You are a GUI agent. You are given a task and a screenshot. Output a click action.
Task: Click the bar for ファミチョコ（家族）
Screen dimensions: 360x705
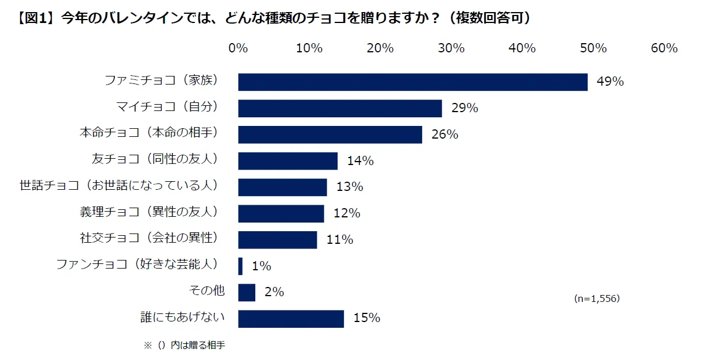click(x=412, y=82)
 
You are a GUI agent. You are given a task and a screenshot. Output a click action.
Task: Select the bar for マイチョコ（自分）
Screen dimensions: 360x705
click(x=340, y=108)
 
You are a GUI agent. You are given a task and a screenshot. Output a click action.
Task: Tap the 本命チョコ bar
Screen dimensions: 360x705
click(x=329, y=135)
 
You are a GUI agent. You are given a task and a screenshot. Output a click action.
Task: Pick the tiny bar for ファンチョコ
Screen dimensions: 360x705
click(x=240, y=266)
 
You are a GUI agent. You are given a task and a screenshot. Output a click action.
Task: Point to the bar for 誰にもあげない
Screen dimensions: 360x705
click(x=290, y=319)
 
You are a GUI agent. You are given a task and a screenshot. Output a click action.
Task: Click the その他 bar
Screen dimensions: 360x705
click(x=246, y=292)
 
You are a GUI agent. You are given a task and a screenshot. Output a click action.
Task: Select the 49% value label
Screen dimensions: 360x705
click(x=610, y=82)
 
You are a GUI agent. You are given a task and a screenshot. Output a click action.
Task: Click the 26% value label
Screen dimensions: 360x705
click(x=445, y=135)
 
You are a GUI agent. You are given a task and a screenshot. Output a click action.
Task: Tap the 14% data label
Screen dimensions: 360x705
click(x=361, y=161)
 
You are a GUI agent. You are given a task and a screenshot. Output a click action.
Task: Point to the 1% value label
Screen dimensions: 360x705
click(x=261, y=266)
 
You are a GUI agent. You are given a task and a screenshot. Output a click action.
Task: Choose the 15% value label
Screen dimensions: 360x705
click(x=366, y=318)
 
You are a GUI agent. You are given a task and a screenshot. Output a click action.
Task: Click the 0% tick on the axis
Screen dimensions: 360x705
click(x=238, y=48)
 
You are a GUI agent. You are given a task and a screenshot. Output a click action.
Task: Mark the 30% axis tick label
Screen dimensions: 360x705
click(x=451, y=48)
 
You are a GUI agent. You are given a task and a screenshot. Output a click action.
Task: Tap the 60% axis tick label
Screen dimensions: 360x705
click(x=664, y=48)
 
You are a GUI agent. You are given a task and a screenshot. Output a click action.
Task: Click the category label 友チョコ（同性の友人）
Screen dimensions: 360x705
click(x=157, y=159)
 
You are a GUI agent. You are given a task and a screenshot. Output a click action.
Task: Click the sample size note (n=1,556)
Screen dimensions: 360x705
click(x=597, y=299)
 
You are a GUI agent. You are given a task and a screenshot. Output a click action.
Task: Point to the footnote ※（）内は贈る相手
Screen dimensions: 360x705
click(x=185, y=346)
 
